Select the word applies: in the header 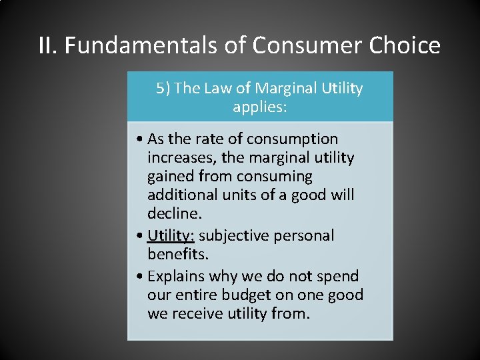(x=260, y=107)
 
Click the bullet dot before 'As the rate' (x=137, y=139)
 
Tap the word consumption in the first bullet (x=292, y=139)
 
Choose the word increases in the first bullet (x=179, y=158)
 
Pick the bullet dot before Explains (x=137, y=277)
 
